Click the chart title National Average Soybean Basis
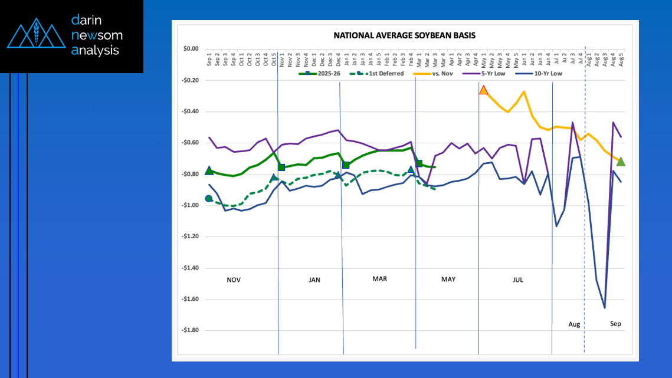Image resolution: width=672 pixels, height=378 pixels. point(404,35)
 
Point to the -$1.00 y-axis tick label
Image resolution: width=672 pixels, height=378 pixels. point(190,205)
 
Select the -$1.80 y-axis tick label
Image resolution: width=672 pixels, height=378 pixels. point(190,330)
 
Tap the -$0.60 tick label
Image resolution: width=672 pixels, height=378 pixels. point(190,143)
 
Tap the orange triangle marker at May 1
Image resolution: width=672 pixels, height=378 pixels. point(484,90)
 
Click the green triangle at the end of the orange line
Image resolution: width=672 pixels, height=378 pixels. point(621,162)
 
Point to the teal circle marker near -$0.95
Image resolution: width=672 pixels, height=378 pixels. point(209,199)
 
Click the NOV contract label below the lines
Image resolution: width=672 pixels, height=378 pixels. point(234,280)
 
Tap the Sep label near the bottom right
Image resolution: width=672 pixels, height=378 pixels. point(615,324)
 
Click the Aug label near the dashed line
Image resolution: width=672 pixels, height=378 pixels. point(574,324)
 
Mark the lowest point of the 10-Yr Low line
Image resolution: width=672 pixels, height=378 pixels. point(604,308)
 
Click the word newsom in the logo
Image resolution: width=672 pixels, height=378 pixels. point(96,35)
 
